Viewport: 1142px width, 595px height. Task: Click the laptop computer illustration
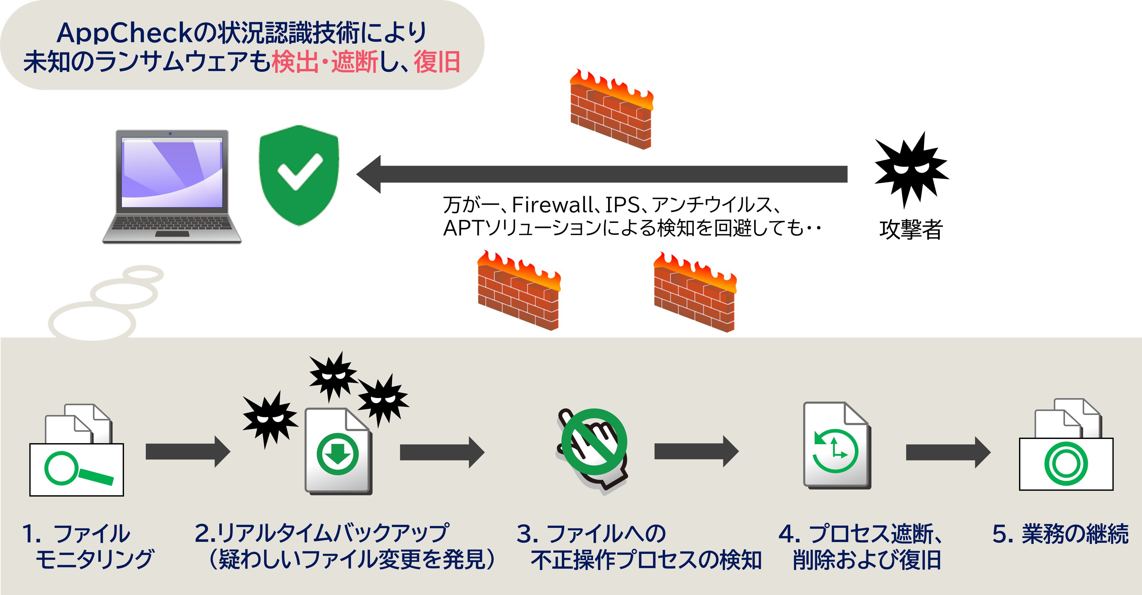(x=172, y=186)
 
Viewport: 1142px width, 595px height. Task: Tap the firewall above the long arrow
(x=611, y=111)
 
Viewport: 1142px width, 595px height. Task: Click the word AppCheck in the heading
(x=124, y=33)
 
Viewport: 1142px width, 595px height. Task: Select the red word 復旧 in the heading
(x=437, y=62)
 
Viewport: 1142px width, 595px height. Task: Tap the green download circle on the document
(x=338, y=454)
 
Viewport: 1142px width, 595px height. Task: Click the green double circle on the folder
(x=1066, y=464)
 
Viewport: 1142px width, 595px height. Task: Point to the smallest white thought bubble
(x=143, y=274)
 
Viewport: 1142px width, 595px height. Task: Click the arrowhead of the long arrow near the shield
(x=369, y=174)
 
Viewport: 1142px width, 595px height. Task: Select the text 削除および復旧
(x=867, y=560)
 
